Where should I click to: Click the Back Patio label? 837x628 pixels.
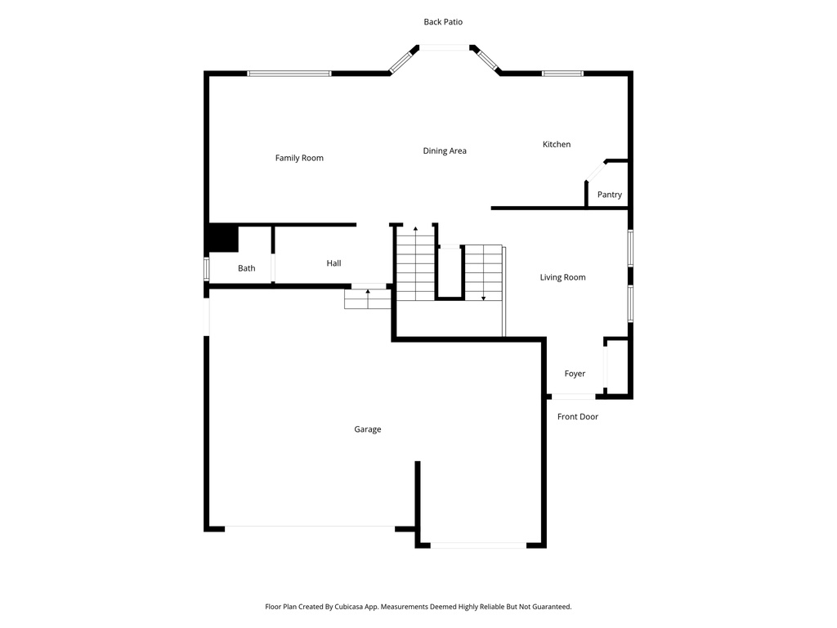tap(443, 22)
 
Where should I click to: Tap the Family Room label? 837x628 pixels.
tap(299, 158)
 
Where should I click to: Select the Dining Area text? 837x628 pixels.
tap(445, 150)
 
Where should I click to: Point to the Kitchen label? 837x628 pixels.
tap(557, 144)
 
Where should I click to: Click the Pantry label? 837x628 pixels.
tap(609, 195)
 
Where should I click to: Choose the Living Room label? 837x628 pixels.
tap(562, 277)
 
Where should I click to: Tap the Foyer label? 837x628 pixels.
tap(575, 374)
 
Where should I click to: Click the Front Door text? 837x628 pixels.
tap(578, 417)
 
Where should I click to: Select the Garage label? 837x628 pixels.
tap(367, 429)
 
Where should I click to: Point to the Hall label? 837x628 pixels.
tap(333, 263)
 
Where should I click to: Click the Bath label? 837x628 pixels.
tap(246, 268)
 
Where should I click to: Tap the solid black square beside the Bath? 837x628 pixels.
tap(222, 239)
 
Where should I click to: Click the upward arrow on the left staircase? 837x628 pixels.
tap(415, 230)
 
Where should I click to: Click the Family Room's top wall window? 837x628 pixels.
tap(289, 74)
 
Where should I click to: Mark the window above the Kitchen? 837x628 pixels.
tap(562, 74)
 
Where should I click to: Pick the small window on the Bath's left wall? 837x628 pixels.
tap(207, 269)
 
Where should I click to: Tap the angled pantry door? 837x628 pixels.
tap(595, 170)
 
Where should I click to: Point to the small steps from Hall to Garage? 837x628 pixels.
tap(368, 298)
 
